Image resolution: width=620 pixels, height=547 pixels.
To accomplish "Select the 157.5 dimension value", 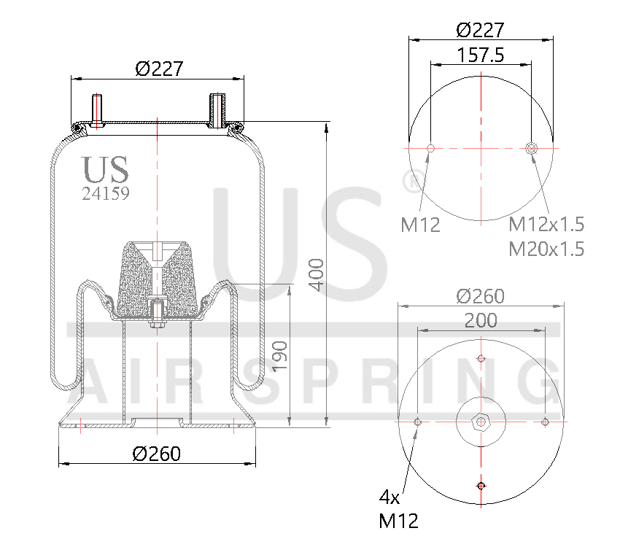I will (481, 55).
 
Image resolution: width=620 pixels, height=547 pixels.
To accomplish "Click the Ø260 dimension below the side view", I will (156, 453).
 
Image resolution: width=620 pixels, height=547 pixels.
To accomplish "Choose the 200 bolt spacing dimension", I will (481, 320).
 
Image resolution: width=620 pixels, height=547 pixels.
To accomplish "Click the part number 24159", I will (106, 194).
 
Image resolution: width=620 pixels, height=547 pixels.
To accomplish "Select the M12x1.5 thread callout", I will (546, 224).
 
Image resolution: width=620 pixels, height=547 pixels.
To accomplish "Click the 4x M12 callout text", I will (398, 509).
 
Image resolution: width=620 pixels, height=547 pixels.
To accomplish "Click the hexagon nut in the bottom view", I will (480, 422).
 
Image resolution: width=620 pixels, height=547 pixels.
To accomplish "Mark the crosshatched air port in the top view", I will (532, 149).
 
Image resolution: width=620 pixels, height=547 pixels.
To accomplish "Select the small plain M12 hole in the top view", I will (430, 149).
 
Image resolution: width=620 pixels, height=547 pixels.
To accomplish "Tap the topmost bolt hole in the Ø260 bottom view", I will (480, 358).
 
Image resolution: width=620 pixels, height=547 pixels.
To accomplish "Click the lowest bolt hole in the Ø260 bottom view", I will (480, 486).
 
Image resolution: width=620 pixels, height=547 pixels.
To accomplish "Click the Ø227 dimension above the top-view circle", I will (481, 30).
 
